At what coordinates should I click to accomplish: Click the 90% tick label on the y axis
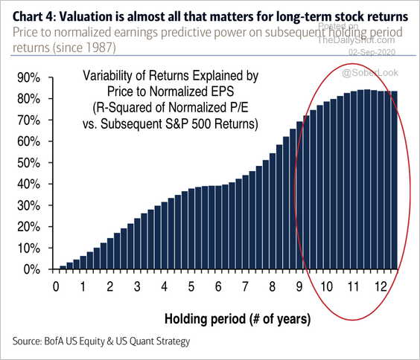tap(28, 78)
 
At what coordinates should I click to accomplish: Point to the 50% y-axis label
tap(28, 163)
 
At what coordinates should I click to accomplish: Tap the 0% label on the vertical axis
tap(32, 269)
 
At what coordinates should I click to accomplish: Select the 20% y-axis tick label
tap(28, 227)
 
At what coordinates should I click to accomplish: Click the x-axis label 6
tap(218, 286)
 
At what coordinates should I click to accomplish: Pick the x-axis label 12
tap(381, 286)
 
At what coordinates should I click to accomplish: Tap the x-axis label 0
tap(56, 286)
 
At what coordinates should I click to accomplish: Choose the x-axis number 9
tap(299, 286)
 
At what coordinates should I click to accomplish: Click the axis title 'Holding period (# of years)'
tap(238, 319)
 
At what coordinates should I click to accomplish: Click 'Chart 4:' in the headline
tap(34, 16)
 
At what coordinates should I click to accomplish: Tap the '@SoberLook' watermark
tap(370, 73)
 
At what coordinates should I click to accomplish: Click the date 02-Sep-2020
tap(372, 52)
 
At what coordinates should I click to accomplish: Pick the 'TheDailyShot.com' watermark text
tap(356, 40)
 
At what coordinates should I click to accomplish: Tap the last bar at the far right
tap(394, 180)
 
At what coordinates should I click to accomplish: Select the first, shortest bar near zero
tap(63, 268)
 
